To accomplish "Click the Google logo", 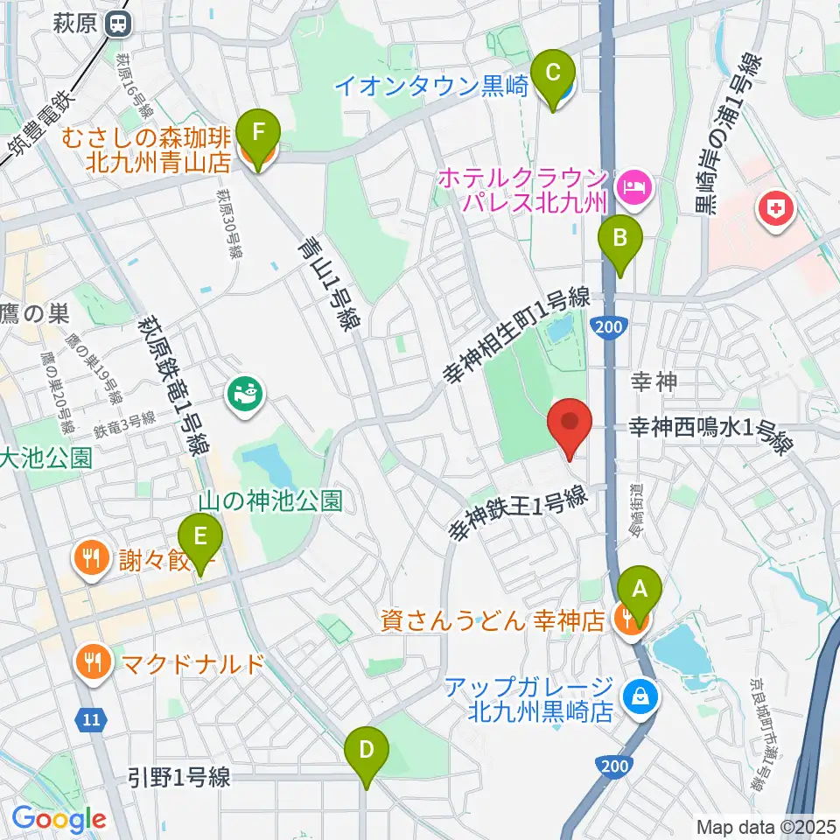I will [x=59, y=820].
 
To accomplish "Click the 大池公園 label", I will [x=45, y=458].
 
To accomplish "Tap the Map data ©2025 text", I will [x=765, y=826].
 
